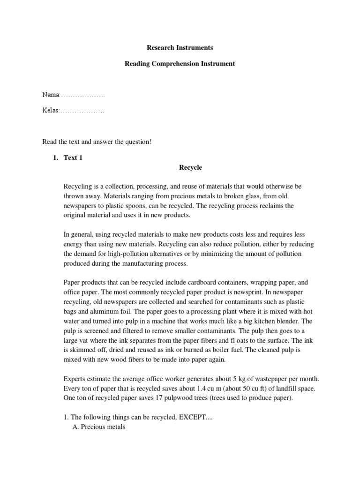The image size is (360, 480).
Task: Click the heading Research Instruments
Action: point(180,48)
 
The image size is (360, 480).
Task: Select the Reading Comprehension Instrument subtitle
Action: point(180,64)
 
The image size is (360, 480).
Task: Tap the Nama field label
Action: point(51,95)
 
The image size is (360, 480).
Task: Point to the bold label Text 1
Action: point(73,158)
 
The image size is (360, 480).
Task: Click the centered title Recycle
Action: point(190,167)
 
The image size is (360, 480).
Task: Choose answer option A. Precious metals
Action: point(98,427)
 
